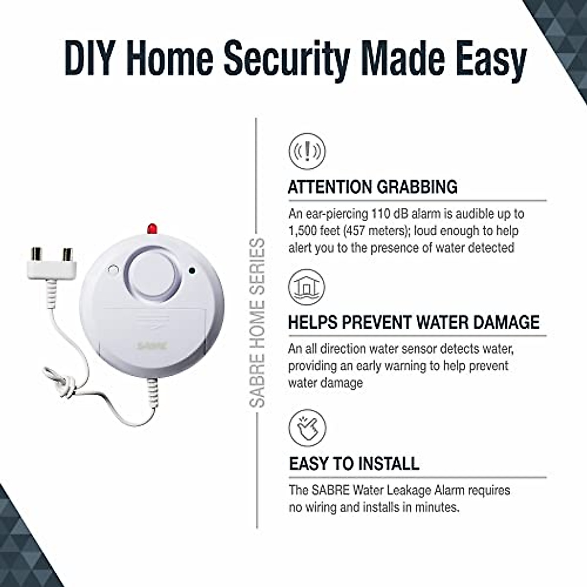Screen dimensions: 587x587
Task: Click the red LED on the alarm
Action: point(151,228)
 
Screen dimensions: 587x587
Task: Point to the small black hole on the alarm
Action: point(192,270)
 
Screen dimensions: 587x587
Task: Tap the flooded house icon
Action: point(307,286)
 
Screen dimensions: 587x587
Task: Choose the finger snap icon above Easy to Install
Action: point(307,425)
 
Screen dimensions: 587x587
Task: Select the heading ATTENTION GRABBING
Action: point(373,187)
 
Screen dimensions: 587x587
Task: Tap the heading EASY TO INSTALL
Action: point(354,463)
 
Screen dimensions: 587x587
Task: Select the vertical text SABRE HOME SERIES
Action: point(258,323)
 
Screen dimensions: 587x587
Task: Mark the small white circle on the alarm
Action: point(113,269)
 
